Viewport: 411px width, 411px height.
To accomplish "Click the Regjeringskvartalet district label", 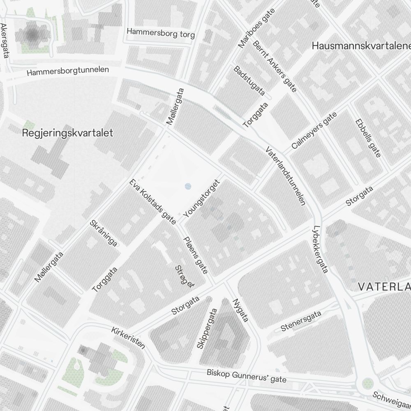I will [67, 133].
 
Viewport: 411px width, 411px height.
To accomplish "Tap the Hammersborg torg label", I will [161, 33].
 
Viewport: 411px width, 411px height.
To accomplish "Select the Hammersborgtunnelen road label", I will [68, 71].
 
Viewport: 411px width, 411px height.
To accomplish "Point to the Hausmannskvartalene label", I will [361, 46].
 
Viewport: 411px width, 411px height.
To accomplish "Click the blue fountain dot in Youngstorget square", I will [188, 186].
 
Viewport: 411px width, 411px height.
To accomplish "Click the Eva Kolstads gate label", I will [152, 202].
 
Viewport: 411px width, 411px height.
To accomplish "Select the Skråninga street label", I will [104, 233].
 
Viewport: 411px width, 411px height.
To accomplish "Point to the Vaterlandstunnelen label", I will [285, 175].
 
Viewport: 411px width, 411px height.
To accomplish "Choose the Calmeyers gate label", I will [314, 130].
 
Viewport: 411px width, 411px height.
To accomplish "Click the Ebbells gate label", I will [368, 138].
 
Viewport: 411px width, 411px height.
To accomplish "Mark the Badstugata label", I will [249, 80].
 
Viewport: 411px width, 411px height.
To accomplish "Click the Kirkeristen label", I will [128, 338].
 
